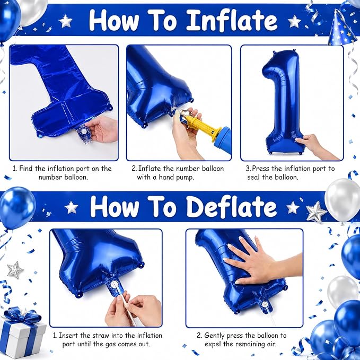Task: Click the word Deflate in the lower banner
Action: pos(232,207)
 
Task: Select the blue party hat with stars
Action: pos(339,28)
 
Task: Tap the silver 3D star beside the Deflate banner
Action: pos(316,212)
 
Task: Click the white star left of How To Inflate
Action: pos(65,21)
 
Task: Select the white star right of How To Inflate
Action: pos(294,21)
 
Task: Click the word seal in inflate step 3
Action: pos(254,177)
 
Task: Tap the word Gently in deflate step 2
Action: pos(215,336)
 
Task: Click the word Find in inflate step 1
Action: pos(26,169)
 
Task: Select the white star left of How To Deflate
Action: pos(71,207)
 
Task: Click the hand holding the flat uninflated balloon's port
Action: pos(101,129)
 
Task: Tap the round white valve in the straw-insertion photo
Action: pos(114,285)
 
